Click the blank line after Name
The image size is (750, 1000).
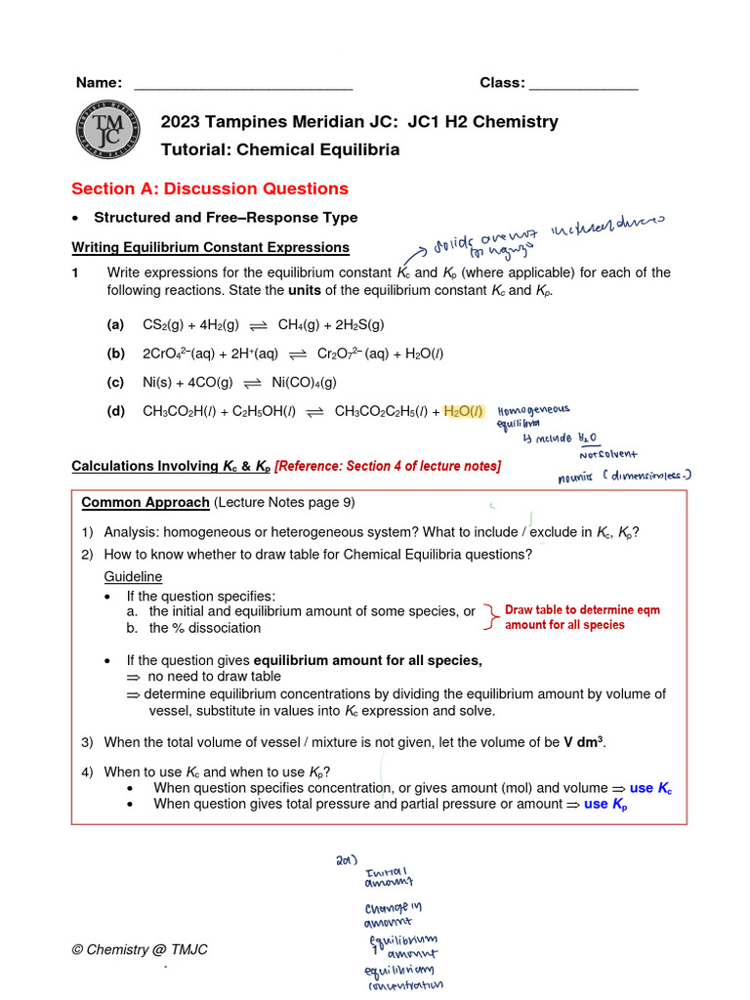tap(242, 85)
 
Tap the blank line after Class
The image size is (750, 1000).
tap(583, 85)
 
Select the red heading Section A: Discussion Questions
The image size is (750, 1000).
tap(210, 188)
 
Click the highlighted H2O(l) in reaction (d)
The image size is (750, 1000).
tap(464, 412)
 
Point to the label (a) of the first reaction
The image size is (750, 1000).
tap(116, 324)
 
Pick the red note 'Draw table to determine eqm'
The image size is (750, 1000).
tap(582, 610)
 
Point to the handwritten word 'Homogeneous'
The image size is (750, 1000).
tap(534, 410)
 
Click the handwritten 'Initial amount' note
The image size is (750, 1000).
tap(389, 877)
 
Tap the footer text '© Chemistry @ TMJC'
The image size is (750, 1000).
tap(140, 950)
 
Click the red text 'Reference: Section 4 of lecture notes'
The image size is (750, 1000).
tap(388, 466)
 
